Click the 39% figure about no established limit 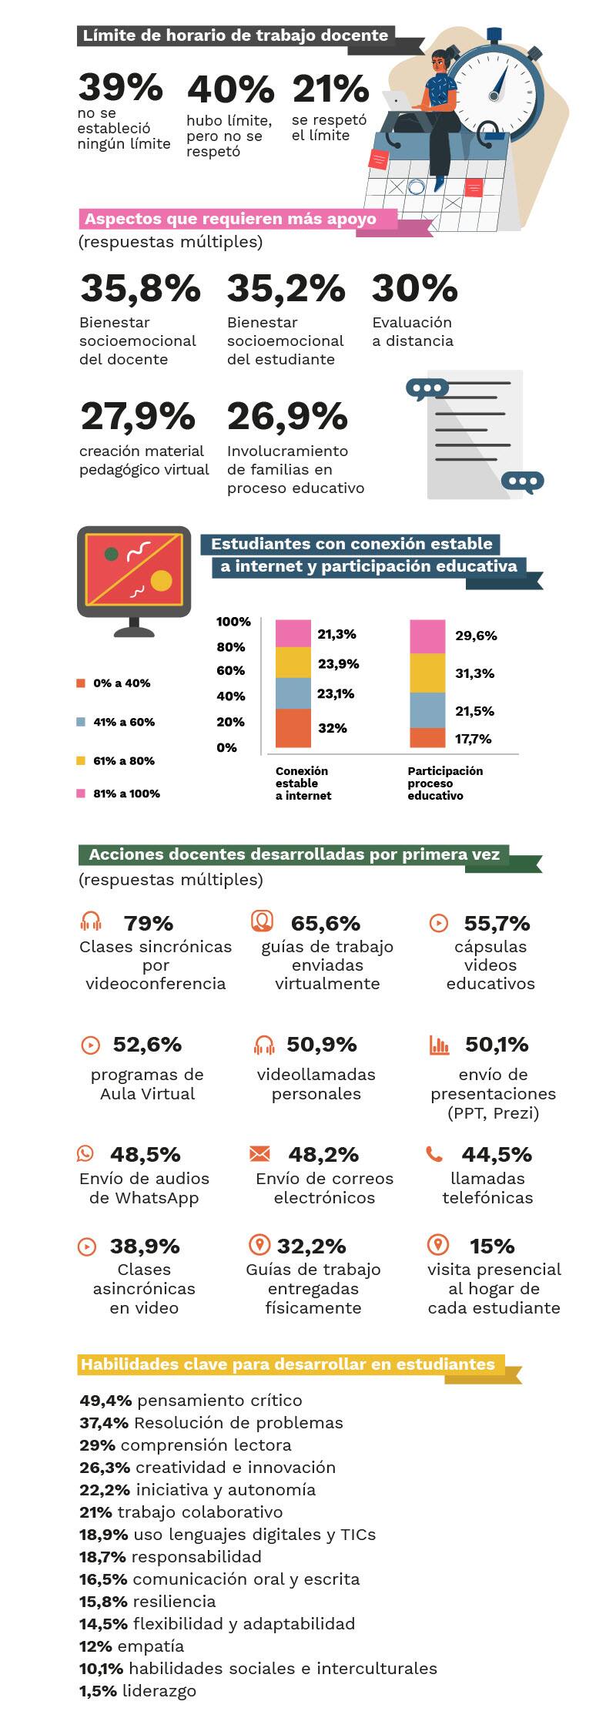120,87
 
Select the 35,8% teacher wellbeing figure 140,289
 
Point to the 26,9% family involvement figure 287,417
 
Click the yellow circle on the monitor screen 161,580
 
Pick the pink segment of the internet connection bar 293,633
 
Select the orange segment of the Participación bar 427,737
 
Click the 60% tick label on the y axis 230,670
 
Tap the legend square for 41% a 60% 81,722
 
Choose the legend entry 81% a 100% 126,794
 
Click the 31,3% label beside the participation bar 474,673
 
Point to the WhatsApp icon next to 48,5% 85,1153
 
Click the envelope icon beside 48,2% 260,1153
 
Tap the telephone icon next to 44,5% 434,1153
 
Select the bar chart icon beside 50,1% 439,1045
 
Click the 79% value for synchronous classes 149,923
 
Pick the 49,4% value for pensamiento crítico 105,1401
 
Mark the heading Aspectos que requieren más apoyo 231,219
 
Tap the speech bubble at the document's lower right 522,482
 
